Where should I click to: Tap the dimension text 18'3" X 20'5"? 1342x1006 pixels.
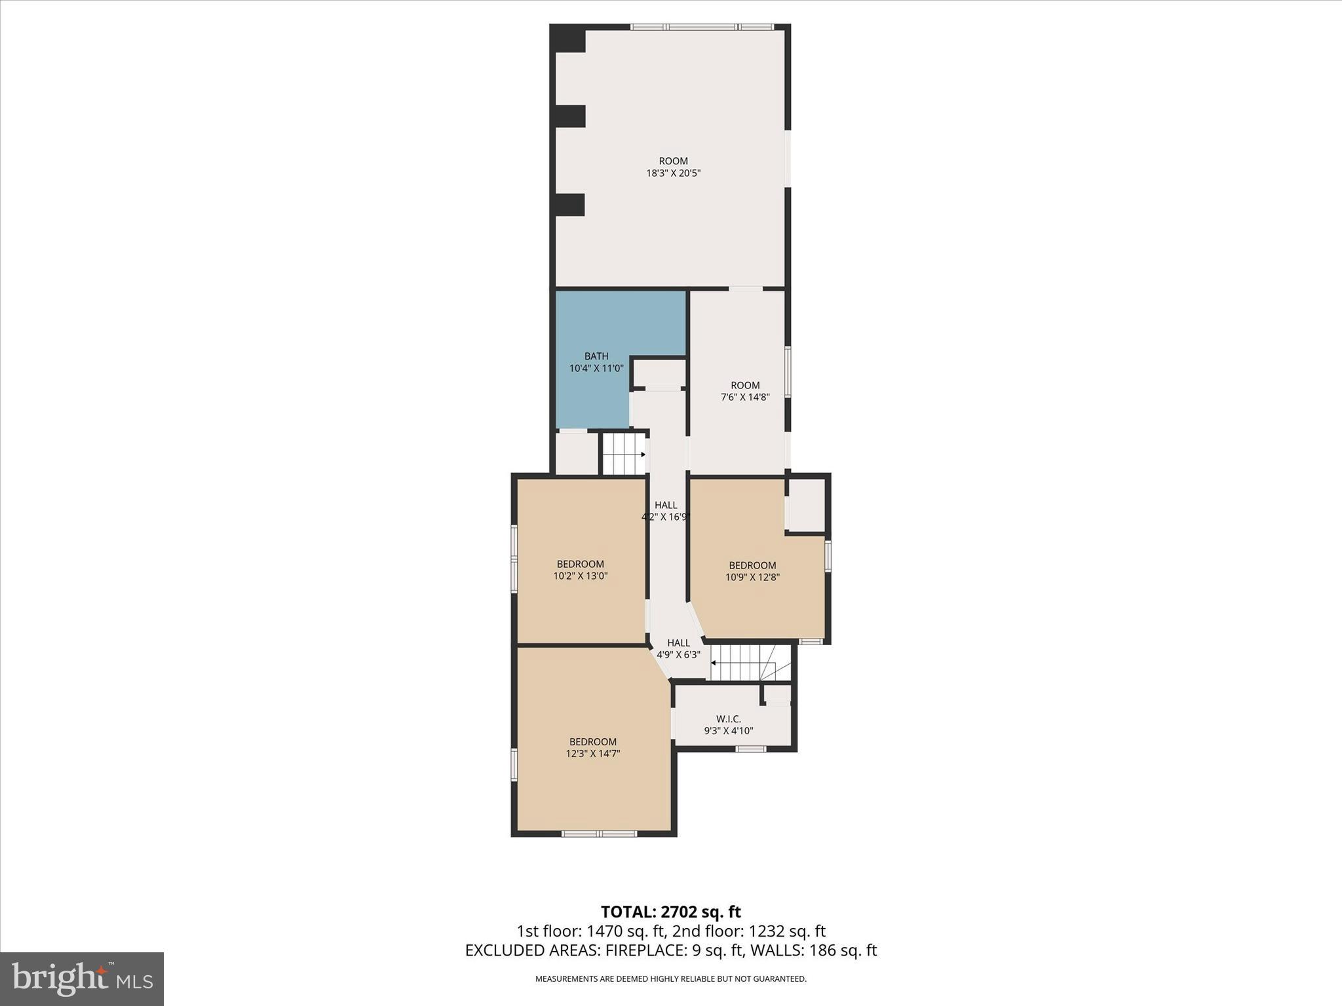tap(673, 174)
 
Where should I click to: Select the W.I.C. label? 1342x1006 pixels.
tap(728, 719)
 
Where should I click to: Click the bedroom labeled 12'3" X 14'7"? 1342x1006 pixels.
tap(592, 747)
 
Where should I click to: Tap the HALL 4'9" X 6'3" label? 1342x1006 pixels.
tap(678, 648)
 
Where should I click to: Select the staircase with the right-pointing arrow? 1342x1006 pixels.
tap(623, 454)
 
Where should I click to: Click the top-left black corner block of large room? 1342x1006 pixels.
tap(567, 39)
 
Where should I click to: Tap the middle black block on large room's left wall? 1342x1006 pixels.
tap(570, 116)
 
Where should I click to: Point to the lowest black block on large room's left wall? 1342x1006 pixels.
tap(569, 204)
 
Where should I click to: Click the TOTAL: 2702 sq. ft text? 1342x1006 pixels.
tap(670, 912)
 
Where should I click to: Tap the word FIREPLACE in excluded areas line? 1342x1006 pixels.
tap(645, 950)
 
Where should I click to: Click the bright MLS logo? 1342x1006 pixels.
tap(82, 978)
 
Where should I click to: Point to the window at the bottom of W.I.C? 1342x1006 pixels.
tap(750, 749)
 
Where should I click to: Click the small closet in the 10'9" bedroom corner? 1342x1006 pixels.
tap(806, 505)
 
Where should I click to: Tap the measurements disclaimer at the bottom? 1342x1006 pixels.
tap(670, 978)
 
